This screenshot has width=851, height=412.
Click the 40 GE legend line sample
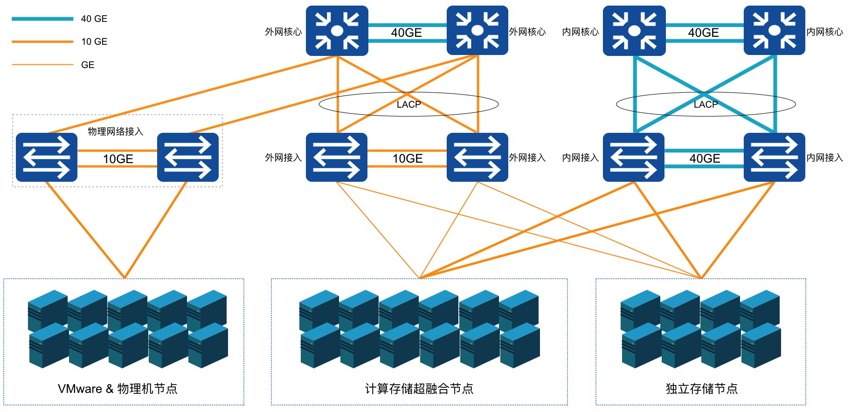pos(42,19)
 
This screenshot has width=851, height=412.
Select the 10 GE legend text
pos(94,41)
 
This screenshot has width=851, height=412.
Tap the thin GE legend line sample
pos(42,65)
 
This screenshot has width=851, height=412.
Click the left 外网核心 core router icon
pos(337,31)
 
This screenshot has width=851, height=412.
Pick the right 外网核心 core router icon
pos(477,31)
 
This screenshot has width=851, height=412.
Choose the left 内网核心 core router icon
pos(634,31)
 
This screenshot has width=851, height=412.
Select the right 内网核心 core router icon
pos(774,31)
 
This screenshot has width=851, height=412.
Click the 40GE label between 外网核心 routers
pos(407,33)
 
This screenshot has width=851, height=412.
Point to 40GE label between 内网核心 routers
pos(704,33)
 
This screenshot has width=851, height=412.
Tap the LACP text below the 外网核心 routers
pos(408,104)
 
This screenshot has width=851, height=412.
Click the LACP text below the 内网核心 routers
pos(706,104)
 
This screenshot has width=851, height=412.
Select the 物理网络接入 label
pos(115,131)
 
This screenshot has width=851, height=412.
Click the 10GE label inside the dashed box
pos(118,159)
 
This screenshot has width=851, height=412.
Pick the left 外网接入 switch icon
pos(336,157)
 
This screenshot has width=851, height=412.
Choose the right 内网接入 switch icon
pos(774,157)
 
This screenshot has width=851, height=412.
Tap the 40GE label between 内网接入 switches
pos(705,158)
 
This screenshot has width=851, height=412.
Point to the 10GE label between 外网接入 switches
pos(408,158)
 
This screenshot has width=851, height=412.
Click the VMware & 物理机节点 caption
pos(118,389)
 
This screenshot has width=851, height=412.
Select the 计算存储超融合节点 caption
pos(419,389)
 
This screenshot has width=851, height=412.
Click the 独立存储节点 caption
pos(701,389)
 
